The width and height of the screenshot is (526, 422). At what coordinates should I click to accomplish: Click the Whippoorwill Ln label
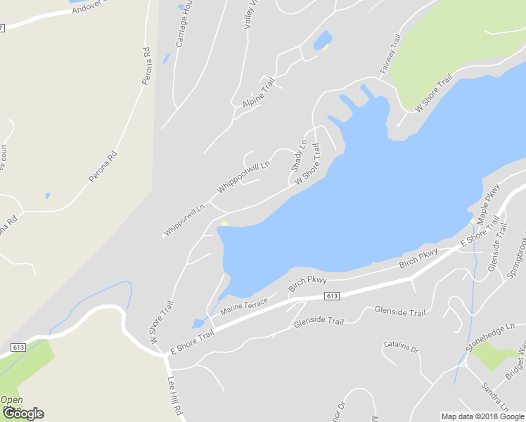pos(243,178)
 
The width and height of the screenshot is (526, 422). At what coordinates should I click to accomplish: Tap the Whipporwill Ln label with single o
pos(184,220)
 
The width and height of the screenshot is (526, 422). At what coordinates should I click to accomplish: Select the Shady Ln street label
pos(300,157)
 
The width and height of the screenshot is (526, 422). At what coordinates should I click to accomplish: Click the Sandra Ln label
pos(496,397)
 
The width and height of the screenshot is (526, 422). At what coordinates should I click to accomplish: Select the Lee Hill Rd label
pos(176,397)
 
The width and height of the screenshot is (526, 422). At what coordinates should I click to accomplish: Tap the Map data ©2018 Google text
pos(482,416)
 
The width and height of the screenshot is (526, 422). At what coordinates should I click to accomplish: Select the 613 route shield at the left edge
pos(19,347)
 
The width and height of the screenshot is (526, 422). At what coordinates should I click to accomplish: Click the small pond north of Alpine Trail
pos(322,40)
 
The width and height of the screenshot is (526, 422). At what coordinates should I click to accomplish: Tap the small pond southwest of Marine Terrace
pos(198,324)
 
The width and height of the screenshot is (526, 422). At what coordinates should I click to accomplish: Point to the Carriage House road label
pos(184,28)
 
